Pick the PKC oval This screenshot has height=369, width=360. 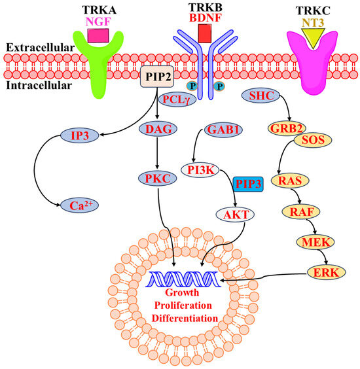coord(156,177)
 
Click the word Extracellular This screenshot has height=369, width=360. coord(28,48)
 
